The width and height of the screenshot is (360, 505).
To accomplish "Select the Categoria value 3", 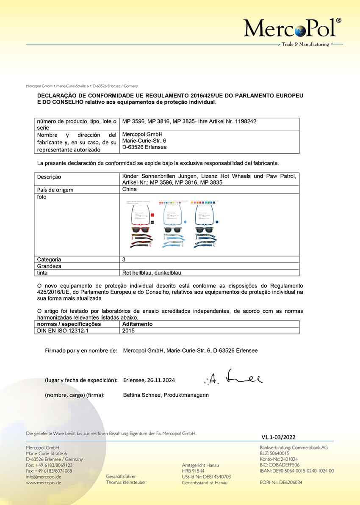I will (x=124, y=259).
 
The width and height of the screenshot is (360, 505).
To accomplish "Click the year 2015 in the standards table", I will (x=128, y=331).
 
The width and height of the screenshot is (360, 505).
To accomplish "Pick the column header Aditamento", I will (x=137, y=324).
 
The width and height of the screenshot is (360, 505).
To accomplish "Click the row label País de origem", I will (x=55, y=190).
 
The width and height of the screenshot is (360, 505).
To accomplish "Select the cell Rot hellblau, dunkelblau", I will (x=152, y=273).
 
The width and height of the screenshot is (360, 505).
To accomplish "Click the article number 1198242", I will (x=243, y=121).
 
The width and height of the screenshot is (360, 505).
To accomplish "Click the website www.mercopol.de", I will (x=44, y=483).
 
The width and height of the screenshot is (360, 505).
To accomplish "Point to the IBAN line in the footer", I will (x=296, y=471).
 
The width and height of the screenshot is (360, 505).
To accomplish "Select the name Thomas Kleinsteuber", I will (x=126, y=483).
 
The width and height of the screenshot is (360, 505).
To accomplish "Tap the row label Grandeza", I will (x=49, y=266).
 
